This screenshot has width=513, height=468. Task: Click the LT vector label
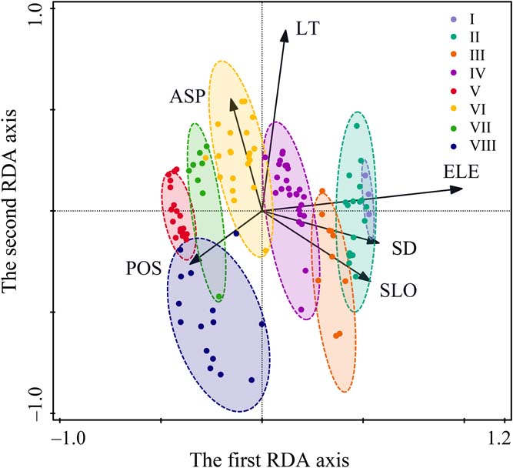[307, 30]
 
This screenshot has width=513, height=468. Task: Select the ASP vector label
[188, 96]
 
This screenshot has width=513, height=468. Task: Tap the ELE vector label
[461, 172]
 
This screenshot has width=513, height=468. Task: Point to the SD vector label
[404, 249]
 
